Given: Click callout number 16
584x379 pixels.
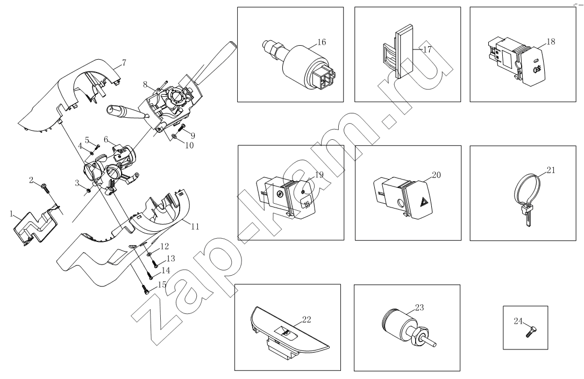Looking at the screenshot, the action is pos(322,42).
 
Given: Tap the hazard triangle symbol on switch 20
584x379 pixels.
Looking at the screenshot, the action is pos(425,203).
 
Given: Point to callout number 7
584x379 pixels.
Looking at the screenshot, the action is pos(124,62).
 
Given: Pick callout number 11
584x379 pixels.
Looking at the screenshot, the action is pos(195,226).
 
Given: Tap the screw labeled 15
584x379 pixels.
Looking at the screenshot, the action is pos(145,289).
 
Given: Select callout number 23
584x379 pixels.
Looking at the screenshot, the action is pos(419,308).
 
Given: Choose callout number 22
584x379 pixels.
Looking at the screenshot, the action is pos(306,319).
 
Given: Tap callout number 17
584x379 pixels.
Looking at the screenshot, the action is pos(427,49).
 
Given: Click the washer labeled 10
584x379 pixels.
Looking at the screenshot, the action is pos(174,137).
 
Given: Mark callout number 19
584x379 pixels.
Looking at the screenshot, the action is pos(319,175).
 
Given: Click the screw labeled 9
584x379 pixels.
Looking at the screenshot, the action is pos(182,128).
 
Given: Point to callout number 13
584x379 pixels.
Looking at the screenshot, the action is pos(170,259).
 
